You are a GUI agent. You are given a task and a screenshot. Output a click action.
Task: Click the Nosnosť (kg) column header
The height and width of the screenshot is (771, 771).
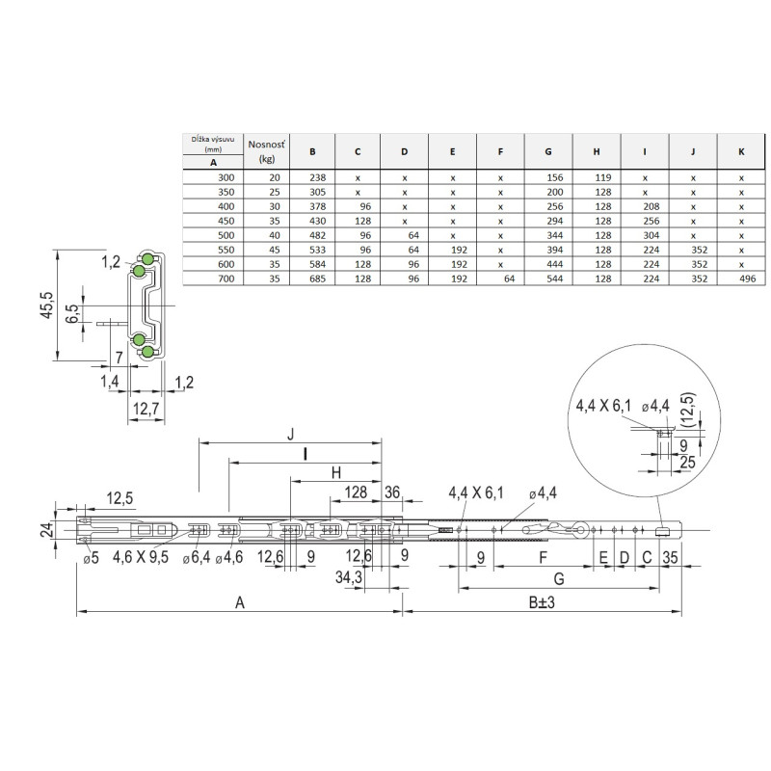point(267,151)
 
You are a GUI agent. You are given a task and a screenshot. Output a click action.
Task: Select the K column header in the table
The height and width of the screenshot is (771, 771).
point(741,152)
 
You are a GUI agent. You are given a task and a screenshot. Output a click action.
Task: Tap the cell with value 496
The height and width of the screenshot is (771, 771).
point(748,279)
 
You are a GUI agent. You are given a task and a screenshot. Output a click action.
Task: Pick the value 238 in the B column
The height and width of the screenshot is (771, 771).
point(318,177)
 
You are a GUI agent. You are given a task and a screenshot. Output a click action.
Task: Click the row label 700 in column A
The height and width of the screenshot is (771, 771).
point(226,279)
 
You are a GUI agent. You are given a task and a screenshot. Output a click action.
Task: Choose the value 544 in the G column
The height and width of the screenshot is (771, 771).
point(555,279)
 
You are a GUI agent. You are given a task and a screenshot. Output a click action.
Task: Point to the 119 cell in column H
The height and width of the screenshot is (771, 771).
point(603,177)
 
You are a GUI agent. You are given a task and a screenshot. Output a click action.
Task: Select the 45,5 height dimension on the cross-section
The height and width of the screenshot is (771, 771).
point(48,305)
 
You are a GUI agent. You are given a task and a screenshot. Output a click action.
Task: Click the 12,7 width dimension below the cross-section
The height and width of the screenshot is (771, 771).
point(146,408)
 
